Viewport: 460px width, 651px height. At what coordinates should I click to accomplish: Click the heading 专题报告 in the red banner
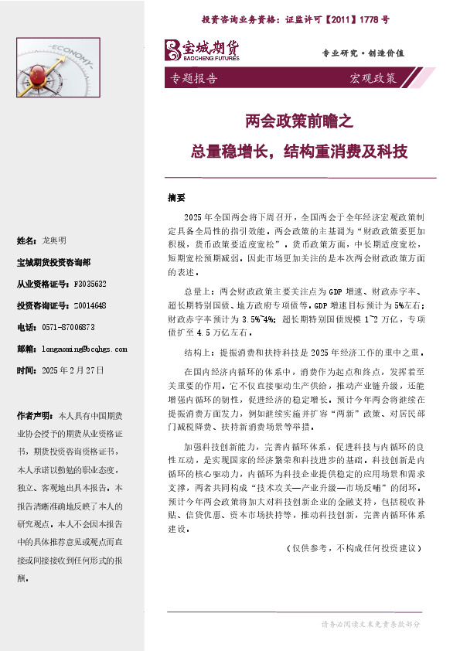(x=193, y=79)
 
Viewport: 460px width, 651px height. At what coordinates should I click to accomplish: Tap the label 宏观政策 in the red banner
(x=373, y=79)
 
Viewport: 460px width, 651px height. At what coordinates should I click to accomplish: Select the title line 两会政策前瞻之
(x=298, y=121)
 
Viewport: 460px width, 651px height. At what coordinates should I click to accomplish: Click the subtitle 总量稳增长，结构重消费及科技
(x=298, y=151)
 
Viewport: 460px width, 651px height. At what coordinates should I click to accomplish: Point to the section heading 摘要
(x=176, y=196)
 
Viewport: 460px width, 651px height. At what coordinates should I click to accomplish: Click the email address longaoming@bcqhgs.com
(x=84, y=349)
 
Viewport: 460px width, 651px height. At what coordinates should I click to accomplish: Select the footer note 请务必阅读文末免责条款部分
(x=370, y=623)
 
